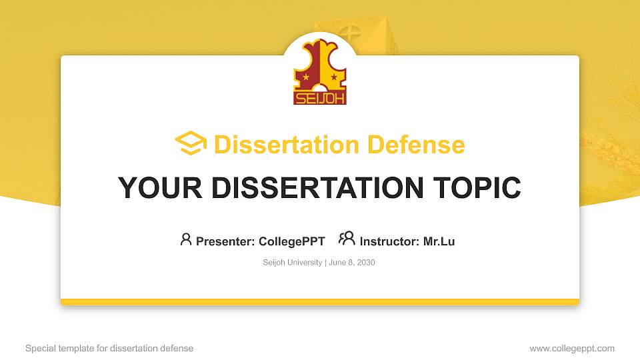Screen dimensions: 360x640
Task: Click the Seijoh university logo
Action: click(x=320, y=71)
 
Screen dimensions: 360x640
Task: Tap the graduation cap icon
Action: click(x=191, y=144)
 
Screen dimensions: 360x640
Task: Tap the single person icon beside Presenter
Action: click(x=186, y=239)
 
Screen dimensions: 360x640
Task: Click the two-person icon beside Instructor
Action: click(x=347, y=239)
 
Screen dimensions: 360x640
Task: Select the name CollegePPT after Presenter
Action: click(x=291, y=241)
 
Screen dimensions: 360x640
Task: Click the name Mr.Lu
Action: click(x=439, y=241)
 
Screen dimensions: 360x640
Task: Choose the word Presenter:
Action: click(x=225, y=241)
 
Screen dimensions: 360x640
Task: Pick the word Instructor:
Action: click(x=389, y=241)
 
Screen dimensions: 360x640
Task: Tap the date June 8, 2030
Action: click(x=352, y=263)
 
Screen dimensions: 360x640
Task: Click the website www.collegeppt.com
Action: click(x=571, y=348)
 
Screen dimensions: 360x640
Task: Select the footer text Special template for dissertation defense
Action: click(x=109, y=348)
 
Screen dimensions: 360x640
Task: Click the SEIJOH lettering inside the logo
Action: click(x=320, y=98)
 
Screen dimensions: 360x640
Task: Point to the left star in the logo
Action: click(x=306, y=78)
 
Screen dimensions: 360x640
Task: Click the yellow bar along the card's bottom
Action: click(x=320, y=302)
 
